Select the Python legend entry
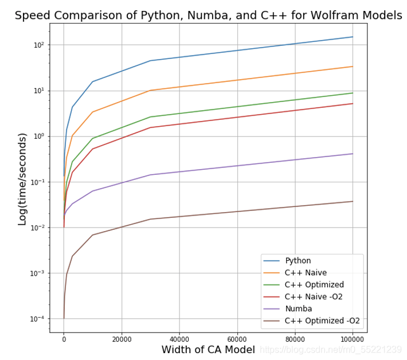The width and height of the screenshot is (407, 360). (x=298, y=261)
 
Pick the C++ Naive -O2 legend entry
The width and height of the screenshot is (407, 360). (x=314, y=296)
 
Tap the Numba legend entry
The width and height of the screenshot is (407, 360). (x=298, y=308)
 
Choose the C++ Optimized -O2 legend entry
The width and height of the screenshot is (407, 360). (x=322, y=320)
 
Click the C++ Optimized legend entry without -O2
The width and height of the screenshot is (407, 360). (x=314, y=284)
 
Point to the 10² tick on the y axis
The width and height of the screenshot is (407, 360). (x=38, y=45)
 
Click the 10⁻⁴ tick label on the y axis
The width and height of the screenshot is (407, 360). (x=37, y=319)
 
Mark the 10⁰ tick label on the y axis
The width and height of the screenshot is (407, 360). (x=38, y=136)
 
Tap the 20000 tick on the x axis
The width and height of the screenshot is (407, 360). (x=122, y=339)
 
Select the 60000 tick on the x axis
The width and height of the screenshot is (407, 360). (x=237, y=339)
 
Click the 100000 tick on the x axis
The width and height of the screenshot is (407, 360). (x=353, y=339)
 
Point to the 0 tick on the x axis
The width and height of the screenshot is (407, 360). (x=64, y=339)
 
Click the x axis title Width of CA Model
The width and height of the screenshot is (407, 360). (x=208, y=350)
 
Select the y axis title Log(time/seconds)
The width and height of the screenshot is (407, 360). (x=22, y=179)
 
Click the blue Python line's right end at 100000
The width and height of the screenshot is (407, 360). (x=353, y=37)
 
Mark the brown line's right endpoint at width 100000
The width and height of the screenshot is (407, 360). (x=353, y=201)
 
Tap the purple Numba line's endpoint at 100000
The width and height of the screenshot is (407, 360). (x=353, y=154)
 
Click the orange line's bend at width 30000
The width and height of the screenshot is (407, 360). (x=150, y=90)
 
